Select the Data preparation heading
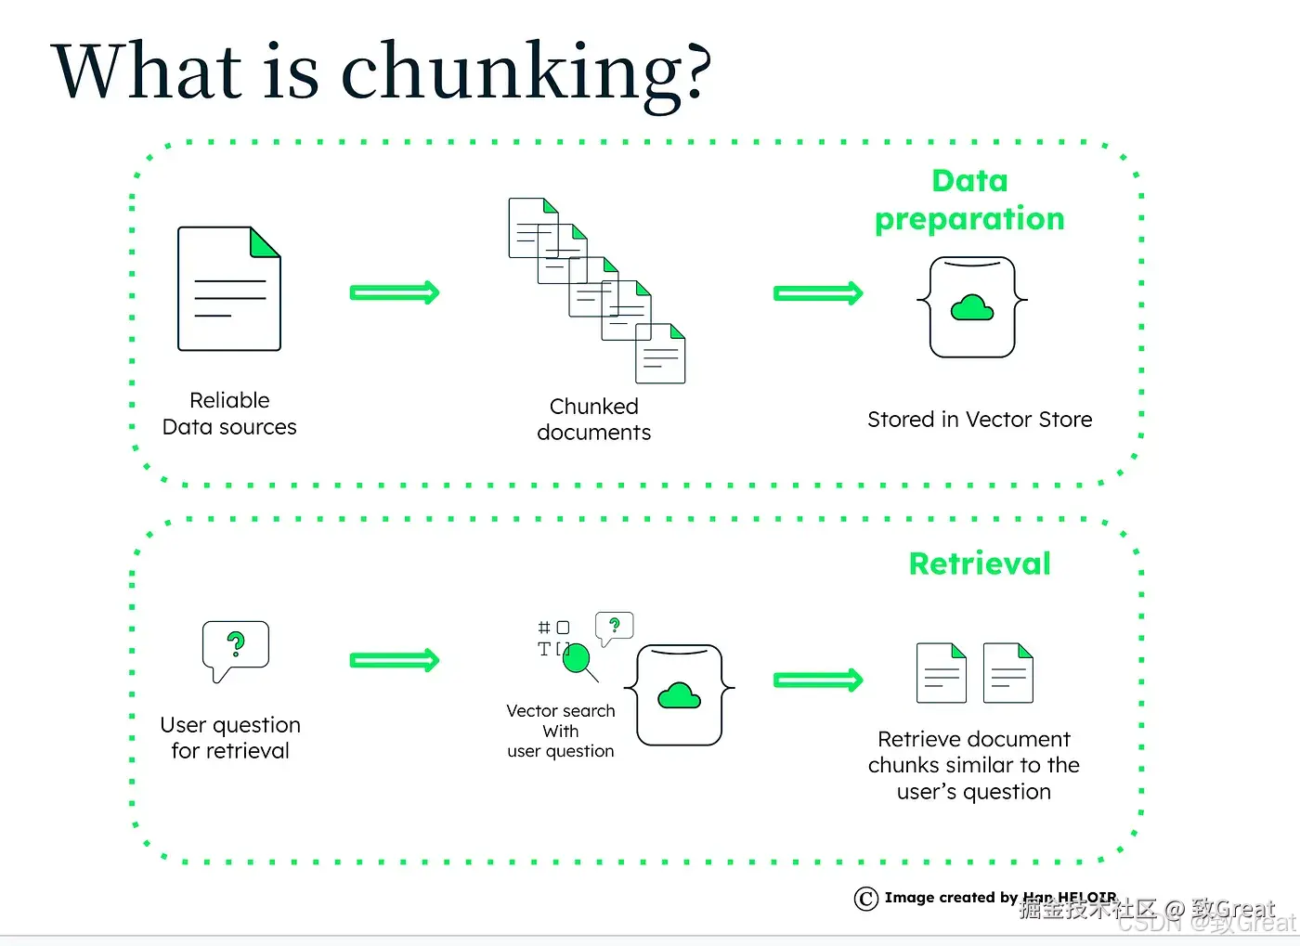point(969,200)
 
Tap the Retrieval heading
point(980,564)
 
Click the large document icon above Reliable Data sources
point(229,289)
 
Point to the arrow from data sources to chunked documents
point(394,292)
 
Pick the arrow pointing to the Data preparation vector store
point(818,293)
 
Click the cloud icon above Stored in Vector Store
point(972,307)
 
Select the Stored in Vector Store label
point(980,420)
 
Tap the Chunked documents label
point(594,420)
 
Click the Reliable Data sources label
point(229,413)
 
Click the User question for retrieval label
point(230,737)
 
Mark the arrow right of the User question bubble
point(394,660)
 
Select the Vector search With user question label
point(561,731)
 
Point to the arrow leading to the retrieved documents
point(818,680)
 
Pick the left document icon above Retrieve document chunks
point(942,673)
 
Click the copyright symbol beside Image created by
point(865,899)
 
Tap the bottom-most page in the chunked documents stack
point(660,354)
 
